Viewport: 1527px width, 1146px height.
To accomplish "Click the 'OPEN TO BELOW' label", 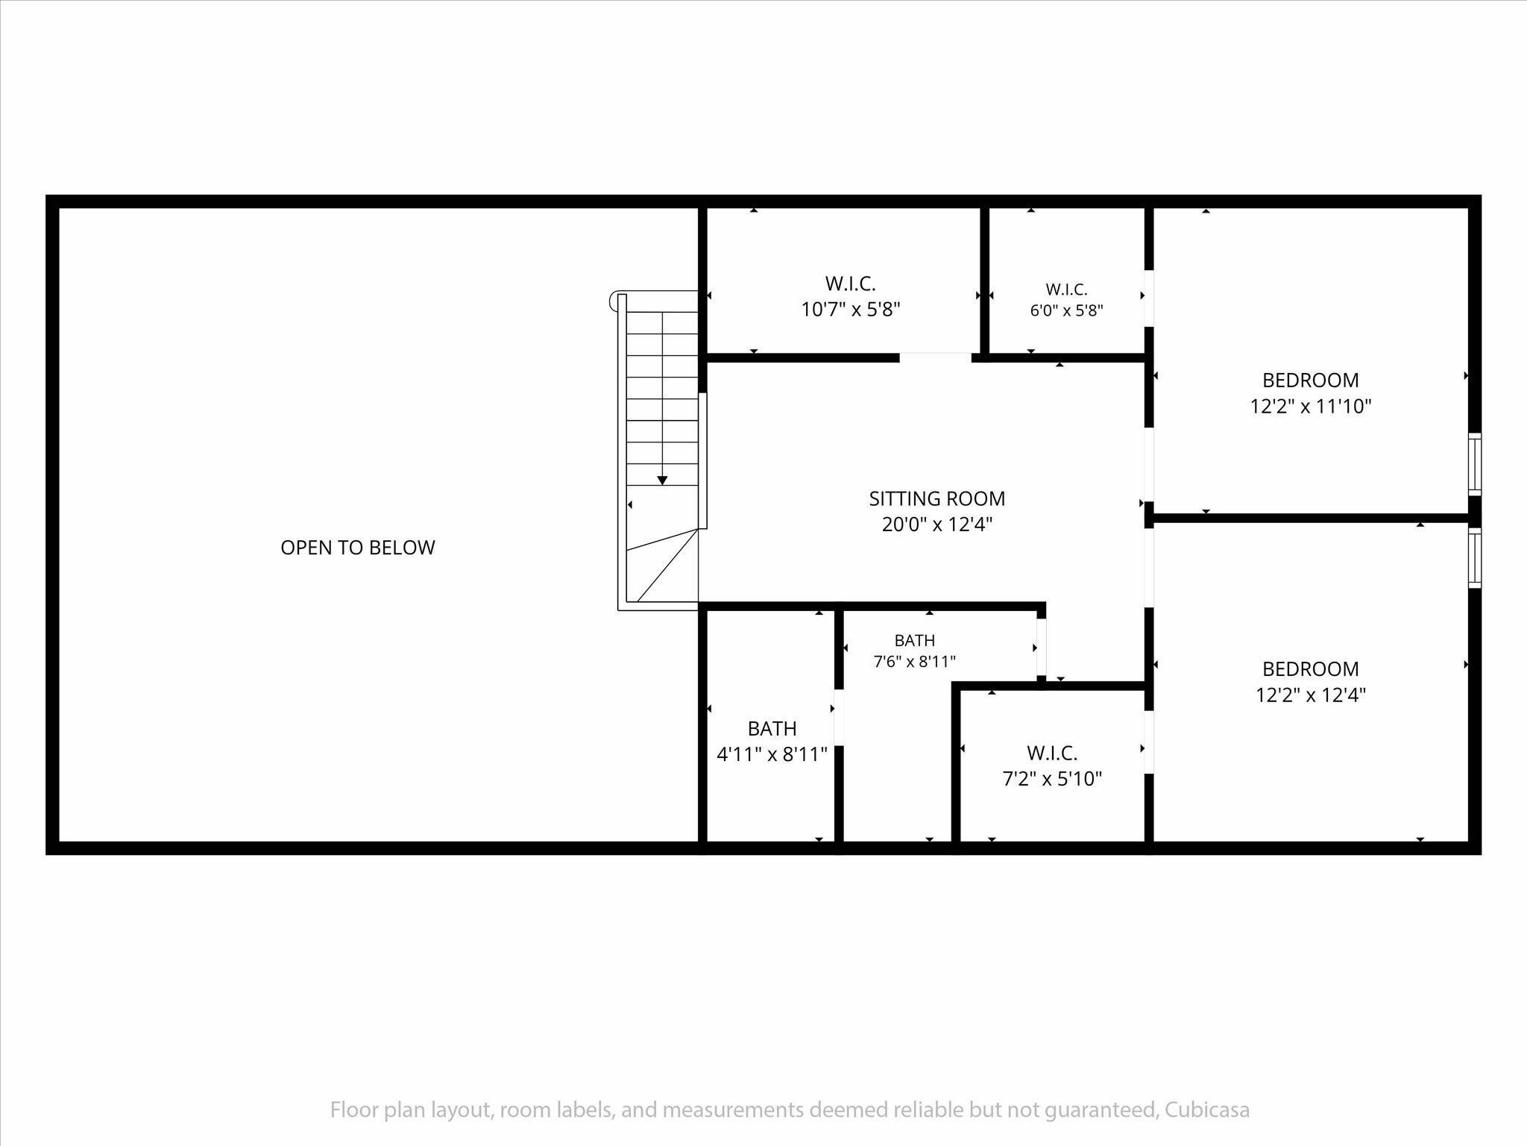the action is (358, 548).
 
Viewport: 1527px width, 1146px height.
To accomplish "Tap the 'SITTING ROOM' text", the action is (937, 498).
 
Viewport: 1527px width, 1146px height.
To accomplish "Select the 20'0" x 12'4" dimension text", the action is (937, 525).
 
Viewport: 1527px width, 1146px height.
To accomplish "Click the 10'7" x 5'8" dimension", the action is (851, 310).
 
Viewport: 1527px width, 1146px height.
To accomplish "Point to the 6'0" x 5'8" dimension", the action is (1067, 310).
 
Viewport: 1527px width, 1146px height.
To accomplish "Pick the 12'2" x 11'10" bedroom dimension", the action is (1311, 407).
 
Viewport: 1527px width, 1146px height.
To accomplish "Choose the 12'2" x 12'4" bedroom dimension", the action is (1311, 695).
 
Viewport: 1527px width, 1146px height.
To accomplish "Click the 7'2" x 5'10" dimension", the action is (1052, 779).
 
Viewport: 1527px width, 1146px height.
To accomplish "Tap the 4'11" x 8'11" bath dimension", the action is (772, 754).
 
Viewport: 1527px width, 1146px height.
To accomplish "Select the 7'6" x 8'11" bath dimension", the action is (915, 661).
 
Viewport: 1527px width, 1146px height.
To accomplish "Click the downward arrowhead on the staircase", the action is (662, 480).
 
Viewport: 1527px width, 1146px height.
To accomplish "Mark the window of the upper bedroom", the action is (1475, 464).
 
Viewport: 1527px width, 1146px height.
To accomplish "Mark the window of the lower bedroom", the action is (1475, 558).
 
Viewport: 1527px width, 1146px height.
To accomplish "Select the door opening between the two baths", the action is (839, 717).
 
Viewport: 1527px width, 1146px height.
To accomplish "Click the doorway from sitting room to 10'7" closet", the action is (935, 357).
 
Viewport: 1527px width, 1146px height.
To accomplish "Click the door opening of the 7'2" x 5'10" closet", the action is (1149, 742).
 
